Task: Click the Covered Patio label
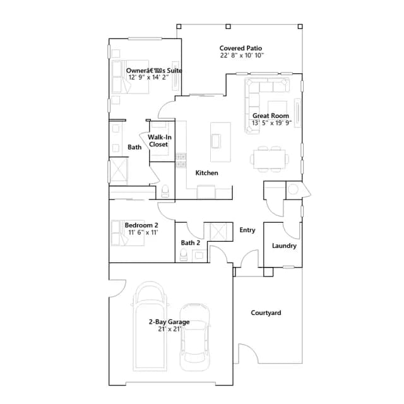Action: (x=241, y=48)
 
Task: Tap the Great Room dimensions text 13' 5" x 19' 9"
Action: (x=271, y=123)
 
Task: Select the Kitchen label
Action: (x=206, y=173)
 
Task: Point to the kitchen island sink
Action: (x=215, y=141)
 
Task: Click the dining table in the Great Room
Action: (x=270, y=159)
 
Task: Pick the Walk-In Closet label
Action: (x=159, y=141)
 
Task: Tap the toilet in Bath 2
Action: (x=184, y=255)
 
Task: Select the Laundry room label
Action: (x=284, y=246)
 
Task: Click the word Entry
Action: (x=247, y=230)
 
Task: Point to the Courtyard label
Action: (x=266, y=313)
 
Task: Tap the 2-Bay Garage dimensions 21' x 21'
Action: (x=170, y=329)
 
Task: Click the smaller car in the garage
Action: (x=195, y=337)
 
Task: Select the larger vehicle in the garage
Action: (x=150, y=326)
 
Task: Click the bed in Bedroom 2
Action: (x=128, y=233)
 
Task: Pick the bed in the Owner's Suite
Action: (x=131, y=76)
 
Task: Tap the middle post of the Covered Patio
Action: (x=228, y=27)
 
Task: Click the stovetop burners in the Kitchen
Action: (x=181, y=160)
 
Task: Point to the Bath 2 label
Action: (x=191, y=242)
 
